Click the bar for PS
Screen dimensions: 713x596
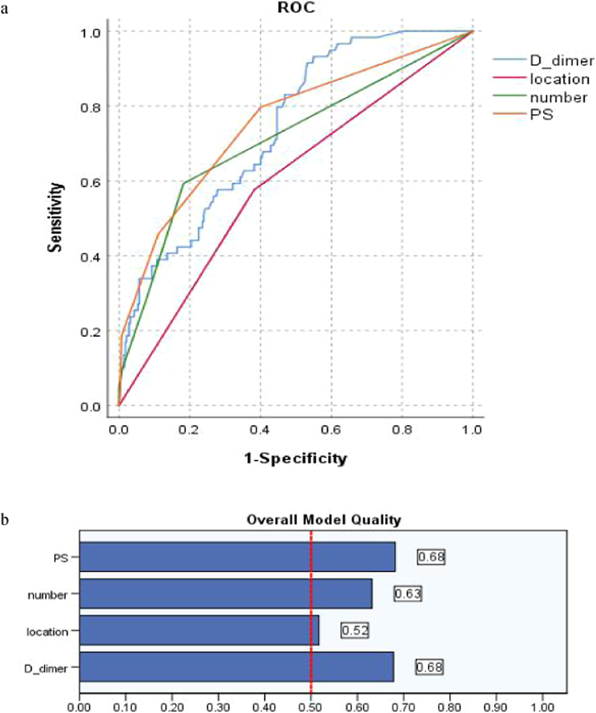[237, 557]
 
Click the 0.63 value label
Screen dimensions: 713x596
[408, 594]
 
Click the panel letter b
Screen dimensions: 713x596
[5, 519]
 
